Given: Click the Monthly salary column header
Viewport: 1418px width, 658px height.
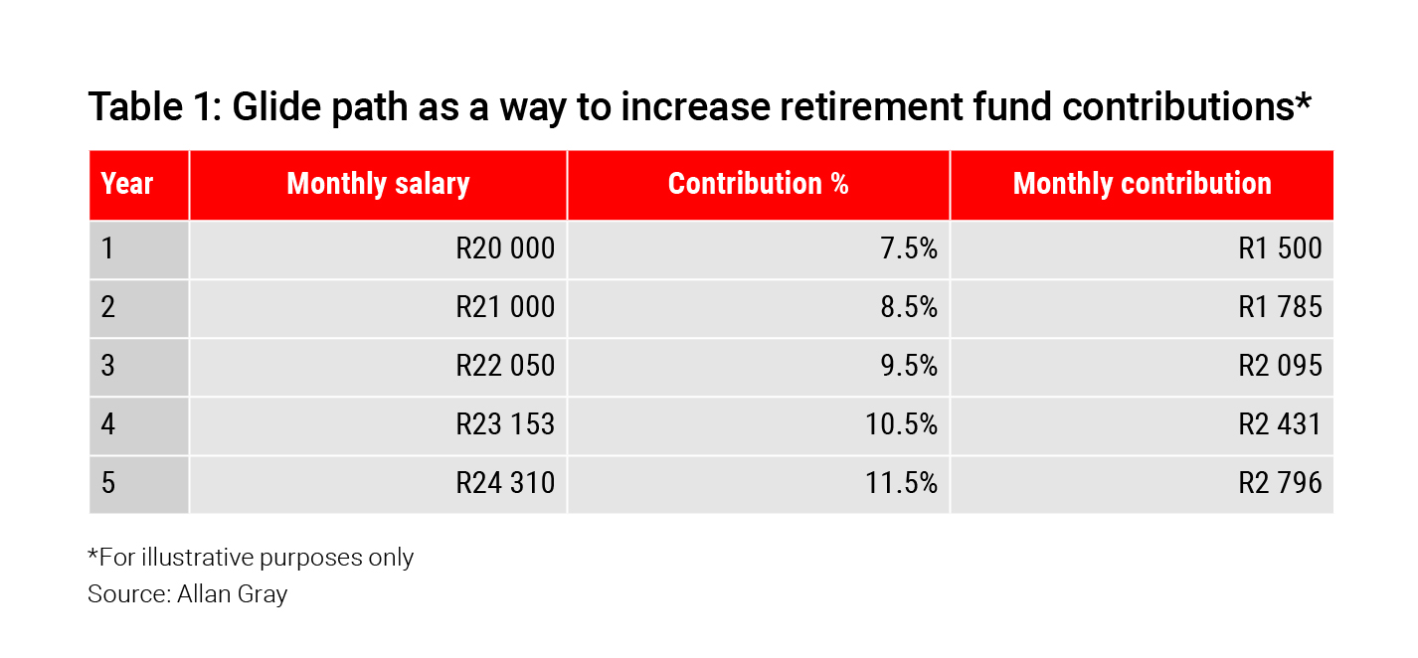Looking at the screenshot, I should click(378, 184).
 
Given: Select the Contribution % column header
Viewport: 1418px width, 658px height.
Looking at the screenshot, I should click(758, 184).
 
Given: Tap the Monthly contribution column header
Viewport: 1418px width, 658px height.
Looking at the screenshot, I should click(1142, 184).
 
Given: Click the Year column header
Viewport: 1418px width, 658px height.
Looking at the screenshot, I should click(127, 184).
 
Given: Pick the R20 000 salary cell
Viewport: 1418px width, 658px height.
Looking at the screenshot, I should click(505, 247).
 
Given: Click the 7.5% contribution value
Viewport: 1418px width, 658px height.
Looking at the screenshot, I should click(909, 247).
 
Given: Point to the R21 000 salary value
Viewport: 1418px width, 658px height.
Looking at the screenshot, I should click(505, 307).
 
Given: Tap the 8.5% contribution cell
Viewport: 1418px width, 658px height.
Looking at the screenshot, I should click(909, 307).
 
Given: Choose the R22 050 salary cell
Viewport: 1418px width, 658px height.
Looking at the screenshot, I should click(505, 366).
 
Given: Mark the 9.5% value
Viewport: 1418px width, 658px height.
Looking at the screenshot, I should click(909, 366).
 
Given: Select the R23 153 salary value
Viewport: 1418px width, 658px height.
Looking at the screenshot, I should click(505, 424).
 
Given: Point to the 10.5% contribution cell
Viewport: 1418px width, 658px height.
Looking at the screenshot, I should click(902, 424).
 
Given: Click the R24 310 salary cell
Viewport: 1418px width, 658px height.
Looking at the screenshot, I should click(505, 483).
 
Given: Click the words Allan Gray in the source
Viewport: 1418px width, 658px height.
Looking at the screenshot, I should click(233, 594).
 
